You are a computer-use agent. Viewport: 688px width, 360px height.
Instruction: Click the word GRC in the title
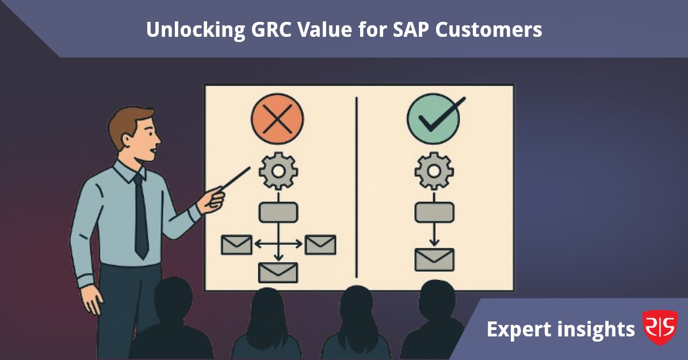pyautogui.click(x=273, y=30)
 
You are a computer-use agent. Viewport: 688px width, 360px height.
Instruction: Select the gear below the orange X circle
pyautogui.click(x=278, y=170)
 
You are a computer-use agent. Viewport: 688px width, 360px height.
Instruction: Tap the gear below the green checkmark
pyautogui.click(x=434, y=170)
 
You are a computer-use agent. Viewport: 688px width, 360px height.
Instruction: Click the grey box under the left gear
pyautogui.click(x=278, y=212)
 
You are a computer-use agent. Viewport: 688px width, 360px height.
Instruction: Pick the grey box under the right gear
pyautogui.click(x=434, y=212)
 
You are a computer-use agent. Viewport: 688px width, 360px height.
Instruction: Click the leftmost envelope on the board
pyautogui.click(x=236, y=244)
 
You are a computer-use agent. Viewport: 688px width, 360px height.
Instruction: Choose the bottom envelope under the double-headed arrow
pyautogui.click(x=278, y=272)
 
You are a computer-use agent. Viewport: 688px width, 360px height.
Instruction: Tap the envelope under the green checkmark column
pyautogui.click(x=434, y=260)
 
